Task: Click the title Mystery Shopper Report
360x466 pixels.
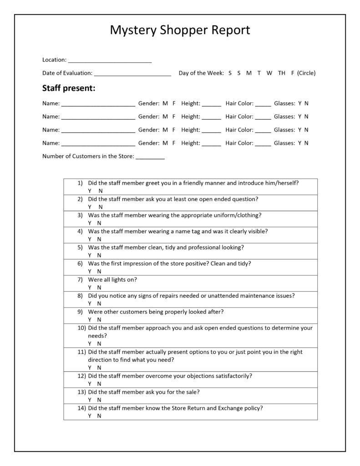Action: click(180, 30)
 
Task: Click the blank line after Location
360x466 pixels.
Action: click(110, 61)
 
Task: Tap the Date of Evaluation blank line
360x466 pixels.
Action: click(132, 74)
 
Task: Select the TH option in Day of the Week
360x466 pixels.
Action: click(282, 73)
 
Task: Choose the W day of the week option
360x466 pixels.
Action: click(269, 73)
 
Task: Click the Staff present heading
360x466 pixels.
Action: click(69, 88)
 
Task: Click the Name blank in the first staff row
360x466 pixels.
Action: click(98, 105)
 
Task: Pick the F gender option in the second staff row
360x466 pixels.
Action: click(174, 116)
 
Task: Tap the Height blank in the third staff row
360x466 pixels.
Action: click(211, 131)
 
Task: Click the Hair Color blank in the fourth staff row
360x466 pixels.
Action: click(263, 144)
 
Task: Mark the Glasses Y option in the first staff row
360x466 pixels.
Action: click(300, 103)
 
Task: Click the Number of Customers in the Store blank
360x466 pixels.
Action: click(150, 158)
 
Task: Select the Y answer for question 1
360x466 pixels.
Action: click(90, 191)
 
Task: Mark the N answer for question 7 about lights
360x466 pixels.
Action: click(99, 287)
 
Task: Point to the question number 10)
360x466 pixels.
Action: click(81, 328)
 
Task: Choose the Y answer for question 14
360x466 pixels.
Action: click(90, 415)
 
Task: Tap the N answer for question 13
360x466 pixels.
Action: click(99, 400)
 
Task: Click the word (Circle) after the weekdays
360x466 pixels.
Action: click(306, 73)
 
